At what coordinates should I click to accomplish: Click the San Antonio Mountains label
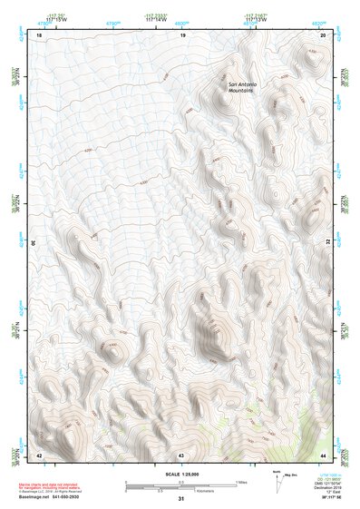(x=243, y=88)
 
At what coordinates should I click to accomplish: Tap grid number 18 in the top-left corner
(x=39, y=34)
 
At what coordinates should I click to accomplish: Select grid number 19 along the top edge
(x=182, y=34)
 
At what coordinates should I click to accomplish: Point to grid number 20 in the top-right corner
(x=324, y=34)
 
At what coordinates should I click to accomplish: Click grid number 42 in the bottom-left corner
(x=39, y=454)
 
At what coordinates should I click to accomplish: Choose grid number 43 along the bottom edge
(x=181, y=454)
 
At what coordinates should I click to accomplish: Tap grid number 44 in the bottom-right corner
(x=324, y=454)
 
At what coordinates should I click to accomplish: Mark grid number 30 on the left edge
(x=34, y=243)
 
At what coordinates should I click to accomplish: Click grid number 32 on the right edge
(x=327, y=243)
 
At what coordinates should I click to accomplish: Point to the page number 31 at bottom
(x=181, y=499)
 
